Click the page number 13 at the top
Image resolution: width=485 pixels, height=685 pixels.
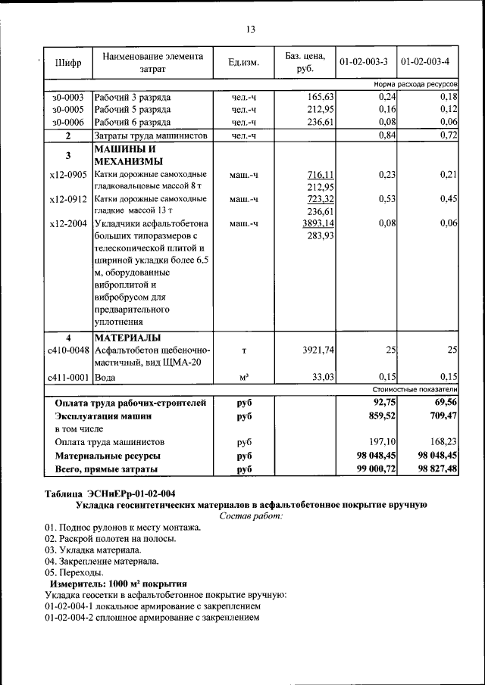coord(251,29)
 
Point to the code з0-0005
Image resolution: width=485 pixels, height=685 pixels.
coord(68,110)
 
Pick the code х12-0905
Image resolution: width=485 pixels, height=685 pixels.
coord(68,175)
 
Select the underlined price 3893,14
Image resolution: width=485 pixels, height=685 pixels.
coord(318,223)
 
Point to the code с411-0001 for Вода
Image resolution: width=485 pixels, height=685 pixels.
coord(68,376)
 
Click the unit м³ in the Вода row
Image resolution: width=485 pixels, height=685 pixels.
coord(244,377)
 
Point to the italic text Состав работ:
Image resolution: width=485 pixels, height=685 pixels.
coord(251,515)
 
